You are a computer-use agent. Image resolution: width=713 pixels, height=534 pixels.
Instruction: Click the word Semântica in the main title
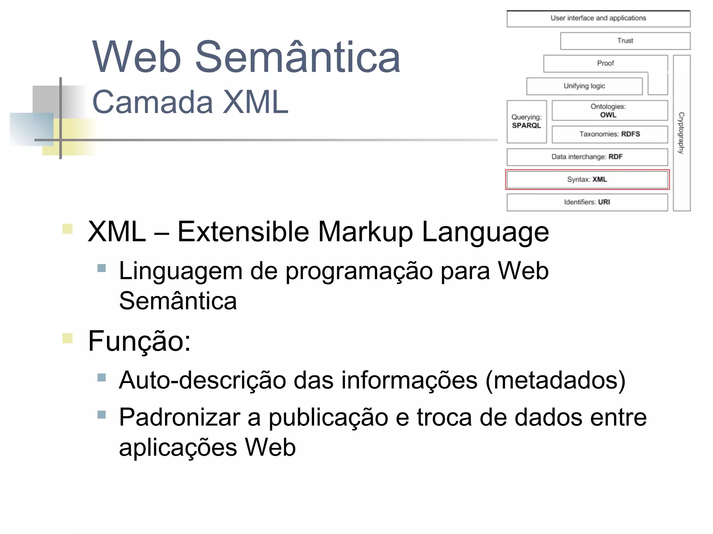298,57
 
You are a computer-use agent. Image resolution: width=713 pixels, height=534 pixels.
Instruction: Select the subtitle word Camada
152,102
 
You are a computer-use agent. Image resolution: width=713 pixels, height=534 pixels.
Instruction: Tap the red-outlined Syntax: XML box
587,180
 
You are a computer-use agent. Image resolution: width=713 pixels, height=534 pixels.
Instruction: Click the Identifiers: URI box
587,202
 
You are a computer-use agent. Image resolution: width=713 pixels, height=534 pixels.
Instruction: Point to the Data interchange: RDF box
587,157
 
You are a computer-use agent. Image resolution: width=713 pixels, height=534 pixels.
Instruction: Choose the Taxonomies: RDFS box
610,134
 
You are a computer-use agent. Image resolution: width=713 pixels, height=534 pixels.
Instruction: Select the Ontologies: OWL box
610,111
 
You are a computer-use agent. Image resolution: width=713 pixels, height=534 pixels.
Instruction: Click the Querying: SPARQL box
526,121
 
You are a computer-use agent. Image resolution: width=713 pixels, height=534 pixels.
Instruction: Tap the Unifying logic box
584,86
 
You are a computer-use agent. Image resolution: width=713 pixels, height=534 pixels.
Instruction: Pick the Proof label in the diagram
605,63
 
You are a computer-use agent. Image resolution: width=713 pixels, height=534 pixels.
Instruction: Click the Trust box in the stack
625,41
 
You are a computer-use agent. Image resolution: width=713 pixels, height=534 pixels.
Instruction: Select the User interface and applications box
598,18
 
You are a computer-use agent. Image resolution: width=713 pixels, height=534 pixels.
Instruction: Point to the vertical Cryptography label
681,133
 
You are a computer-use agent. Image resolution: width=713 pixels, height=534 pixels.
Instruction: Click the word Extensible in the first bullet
243,232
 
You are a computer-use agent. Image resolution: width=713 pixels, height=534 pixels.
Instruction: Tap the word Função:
139,341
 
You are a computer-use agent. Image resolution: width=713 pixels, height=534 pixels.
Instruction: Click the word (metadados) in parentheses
555,381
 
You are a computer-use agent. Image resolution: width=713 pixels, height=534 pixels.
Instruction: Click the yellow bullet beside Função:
67,338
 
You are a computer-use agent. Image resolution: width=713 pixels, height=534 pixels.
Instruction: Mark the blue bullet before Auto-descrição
102,377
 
